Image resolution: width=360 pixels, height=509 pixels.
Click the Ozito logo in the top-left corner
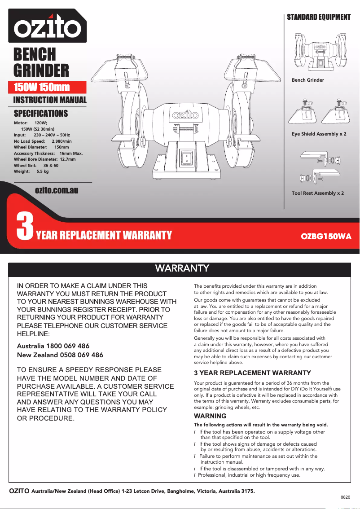pyautogui.click(x=47, y=27)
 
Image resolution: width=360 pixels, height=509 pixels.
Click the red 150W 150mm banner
pyautogui.click(x=42, y=87)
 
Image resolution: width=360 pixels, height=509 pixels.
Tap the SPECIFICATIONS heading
pyautogui.click(x=41, y=114)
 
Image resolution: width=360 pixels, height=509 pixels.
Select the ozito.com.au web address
pyautogui.click(x=57, y=190)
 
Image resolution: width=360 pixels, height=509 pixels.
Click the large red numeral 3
pyautogui.click(x=25, y=227)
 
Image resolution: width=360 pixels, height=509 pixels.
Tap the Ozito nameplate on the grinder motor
pyautogui.click(x=184, y=118)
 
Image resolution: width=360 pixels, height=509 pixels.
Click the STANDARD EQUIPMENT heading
pyautogui.click(x=319, y=17)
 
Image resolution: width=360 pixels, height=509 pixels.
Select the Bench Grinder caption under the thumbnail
pyautogui.click(x=307, y=80)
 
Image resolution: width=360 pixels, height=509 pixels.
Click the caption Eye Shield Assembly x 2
pyautogui.click(x=319, y=134)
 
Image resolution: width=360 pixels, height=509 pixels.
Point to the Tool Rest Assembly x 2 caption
pyautogui.click(x=318, y=193)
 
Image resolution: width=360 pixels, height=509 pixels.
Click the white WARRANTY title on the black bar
pyautogui.click(x=182, y=268)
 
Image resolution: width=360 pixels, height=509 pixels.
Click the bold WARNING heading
pyautogui.click(x=210, y=416)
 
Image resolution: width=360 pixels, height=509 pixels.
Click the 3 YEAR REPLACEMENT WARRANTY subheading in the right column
pyautogui.click(x=252, y=373)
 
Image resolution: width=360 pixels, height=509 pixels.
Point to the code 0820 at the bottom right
pyautogui.click(x=345, y=498)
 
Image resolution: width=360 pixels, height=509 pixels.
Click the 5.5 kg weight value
pyautogui.click(x=43, y=171)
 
